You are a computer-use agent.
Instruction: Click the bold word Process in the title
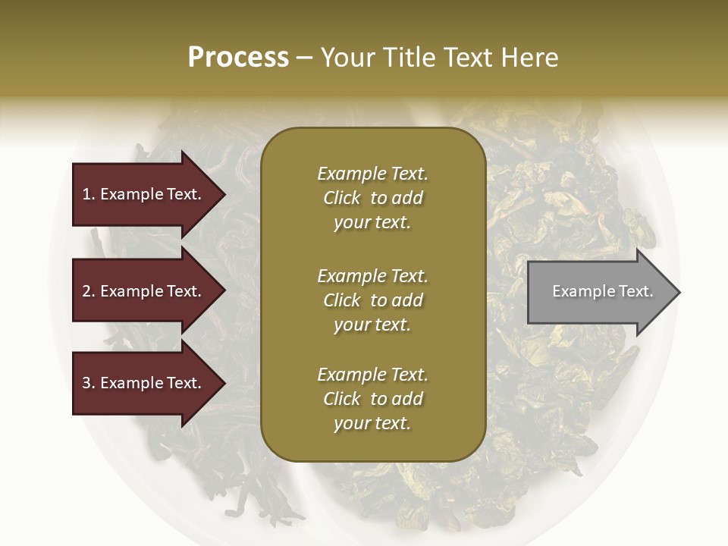[238, 58]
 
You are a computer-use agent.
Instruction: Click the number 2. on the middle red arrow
[89, 291]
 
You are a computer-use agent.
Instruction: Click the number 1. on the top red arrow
[89, 194]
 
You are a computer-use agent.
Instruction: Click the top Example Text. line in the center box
[372, 174]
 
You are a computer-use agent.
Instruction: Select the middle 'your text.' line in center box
[372, 325]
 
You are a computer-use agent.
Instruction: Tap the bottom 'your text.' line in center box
[372, 424]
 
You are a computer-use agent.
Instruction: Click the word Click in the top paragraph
[341, 198]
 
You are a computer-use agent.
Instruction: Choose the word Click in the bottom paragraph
[341, 399]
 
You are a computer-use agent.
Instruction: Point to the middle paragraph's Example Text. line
[372, 276]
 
